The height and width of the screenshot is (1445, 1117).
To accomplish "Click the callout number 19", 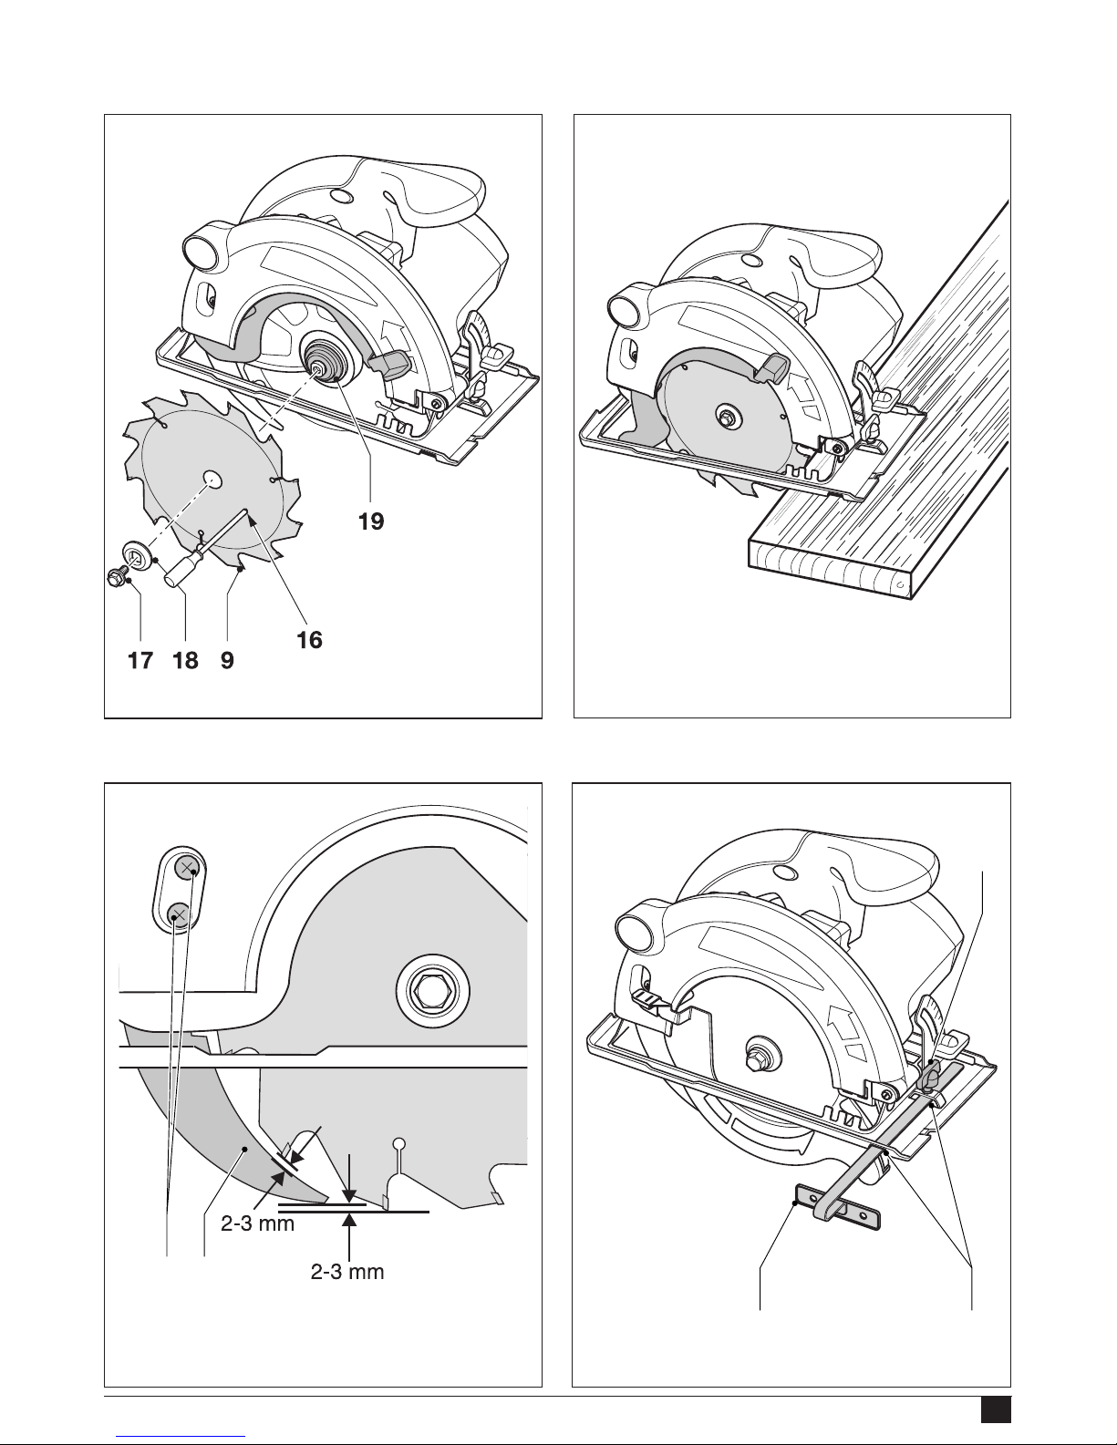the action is pos(371,521).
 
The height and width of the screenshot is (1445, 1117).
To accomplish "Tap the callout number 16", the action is pos(309,640).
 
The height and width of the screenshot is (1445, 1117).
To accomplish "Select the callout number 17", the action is pos(140,660).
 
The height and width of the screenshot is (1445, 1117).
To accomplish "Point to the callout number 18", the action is pos(185,660).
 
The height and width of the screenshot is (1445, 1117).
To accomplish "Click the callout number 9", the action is pos(227,660).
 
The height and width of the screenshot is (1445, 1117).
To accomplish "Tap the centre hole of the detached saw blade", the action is pos(212,480).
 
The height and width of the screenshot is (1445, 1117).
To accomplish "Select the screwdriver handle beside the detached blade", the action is pos(180,570).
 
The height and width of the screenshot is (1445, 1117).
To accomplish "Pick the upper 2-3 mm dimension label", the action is pos(257,1223).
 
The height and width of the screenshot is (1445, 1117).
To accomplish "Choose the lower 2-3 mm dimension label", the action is pos(347,1272).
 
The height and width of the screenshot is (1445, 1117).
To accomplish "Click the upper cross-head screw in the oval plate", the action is pos(187,867).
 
